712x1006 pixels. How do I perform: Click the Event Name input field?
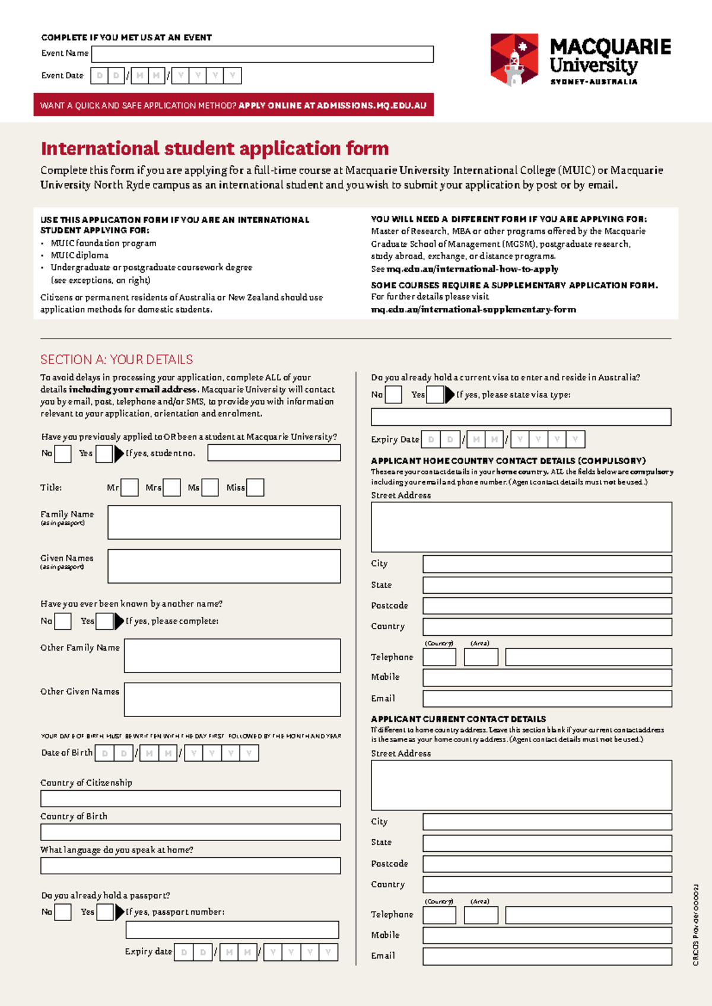tap(262, 54)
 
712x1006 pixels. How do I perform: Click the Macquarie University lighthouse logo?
tap(514, 59)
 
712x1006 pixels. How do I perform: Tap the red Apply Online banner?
tap(233, 105)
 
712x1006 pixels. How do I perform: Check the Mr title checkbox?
tap(129, 488)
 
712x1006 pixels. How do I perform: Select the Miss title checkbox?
tap(255, 488)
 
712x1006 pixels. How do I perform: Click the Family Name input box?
tap(224, 522)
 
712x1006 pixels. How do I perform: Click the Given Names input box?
tap(224, 566)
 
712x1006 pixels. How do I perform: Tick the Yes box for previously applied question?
tap(104, 454)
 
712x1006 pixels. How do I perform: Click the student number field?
tap(274, 453)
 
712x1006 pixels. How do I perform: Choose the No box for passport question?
tap(63, 912)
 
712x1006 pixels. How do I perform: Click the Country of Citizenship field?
tap(190, 798)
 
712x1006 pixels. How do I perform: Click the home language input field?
tap(190, 865)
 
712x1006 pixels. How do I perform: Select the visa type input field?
tap(520, 416)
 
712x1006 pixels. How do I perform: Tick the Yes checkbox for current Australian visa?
tap(435, 394)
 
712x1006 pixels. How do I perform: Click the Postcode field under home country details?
tap(546, 606)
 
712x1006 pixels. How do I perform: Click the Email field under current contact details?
tap(546, 956)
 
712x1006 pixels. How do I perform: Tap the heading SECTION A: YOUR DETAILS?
tap(116, 359)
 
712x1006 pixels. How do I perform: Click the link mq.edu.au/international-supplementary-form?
tap(473, 309)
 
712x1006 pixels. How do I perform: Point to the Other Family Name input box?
tap(232, 655)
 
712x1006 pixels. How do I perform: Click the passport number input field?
tap(231, 929)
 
